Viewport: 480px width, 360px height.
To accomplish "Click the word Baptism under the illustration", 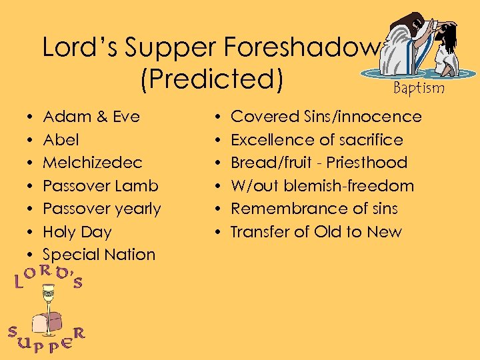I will pos(419,88).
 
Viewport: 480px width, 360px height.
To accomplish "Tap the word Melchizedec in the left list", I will pos(93,163).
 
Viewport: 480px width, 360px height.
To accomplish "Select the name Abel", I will pos(61,140).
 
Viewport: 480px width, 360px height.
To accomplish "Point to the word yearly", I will pos(138,209).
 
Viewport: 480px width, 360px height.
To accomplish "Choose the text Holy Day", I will pos(77,232).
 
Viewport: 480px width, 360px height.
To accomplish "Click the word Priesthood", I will pos(373,163).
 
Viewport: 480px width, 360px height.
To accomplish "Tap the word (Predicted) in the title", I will pos(211,79).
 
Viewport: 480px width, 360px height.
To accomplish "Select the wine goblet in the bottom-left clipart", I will pos(48,307).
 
